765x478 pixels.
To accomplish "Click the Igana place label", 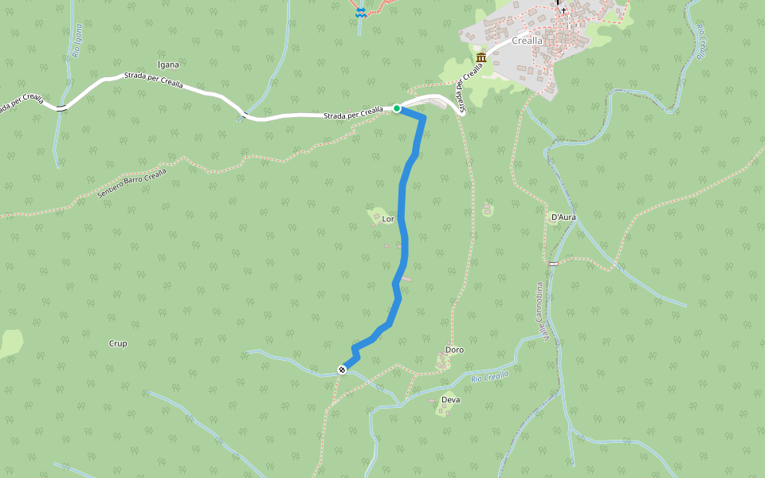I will [168, 65].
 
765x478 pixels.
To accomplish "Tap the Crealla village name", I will [527, 41].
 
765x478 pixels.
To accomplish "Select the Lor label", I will [389, 218].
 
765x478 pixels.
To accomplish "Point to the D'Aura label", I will [563, 217].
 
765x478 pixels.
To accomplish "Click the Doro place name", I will [455, 350].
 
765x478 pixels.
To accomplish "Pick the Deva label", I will [450, 400].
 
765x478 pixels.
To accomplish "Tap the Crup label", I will [118, 343].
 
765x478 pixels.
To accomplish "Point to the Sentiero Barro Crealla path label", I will [132, 184].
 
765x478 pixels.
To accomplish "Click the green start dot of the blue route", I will [397, 108].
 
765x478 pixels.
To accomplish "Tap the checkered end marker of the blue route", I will [342, 369].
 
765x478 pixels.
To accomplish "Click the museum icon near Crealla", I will [481, 58].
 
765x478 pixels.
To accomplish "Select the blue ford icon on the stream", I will [360, 11].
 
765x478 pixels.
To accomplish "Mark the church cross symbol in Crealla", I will [563, 10].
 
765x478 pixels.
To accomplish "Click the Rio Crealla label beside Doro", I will [489, 377].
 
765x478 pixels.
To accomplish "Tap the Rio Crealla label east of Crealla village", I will [701, 41].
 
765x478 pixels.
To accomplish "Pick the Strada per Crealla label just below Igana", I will [153, 80].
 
